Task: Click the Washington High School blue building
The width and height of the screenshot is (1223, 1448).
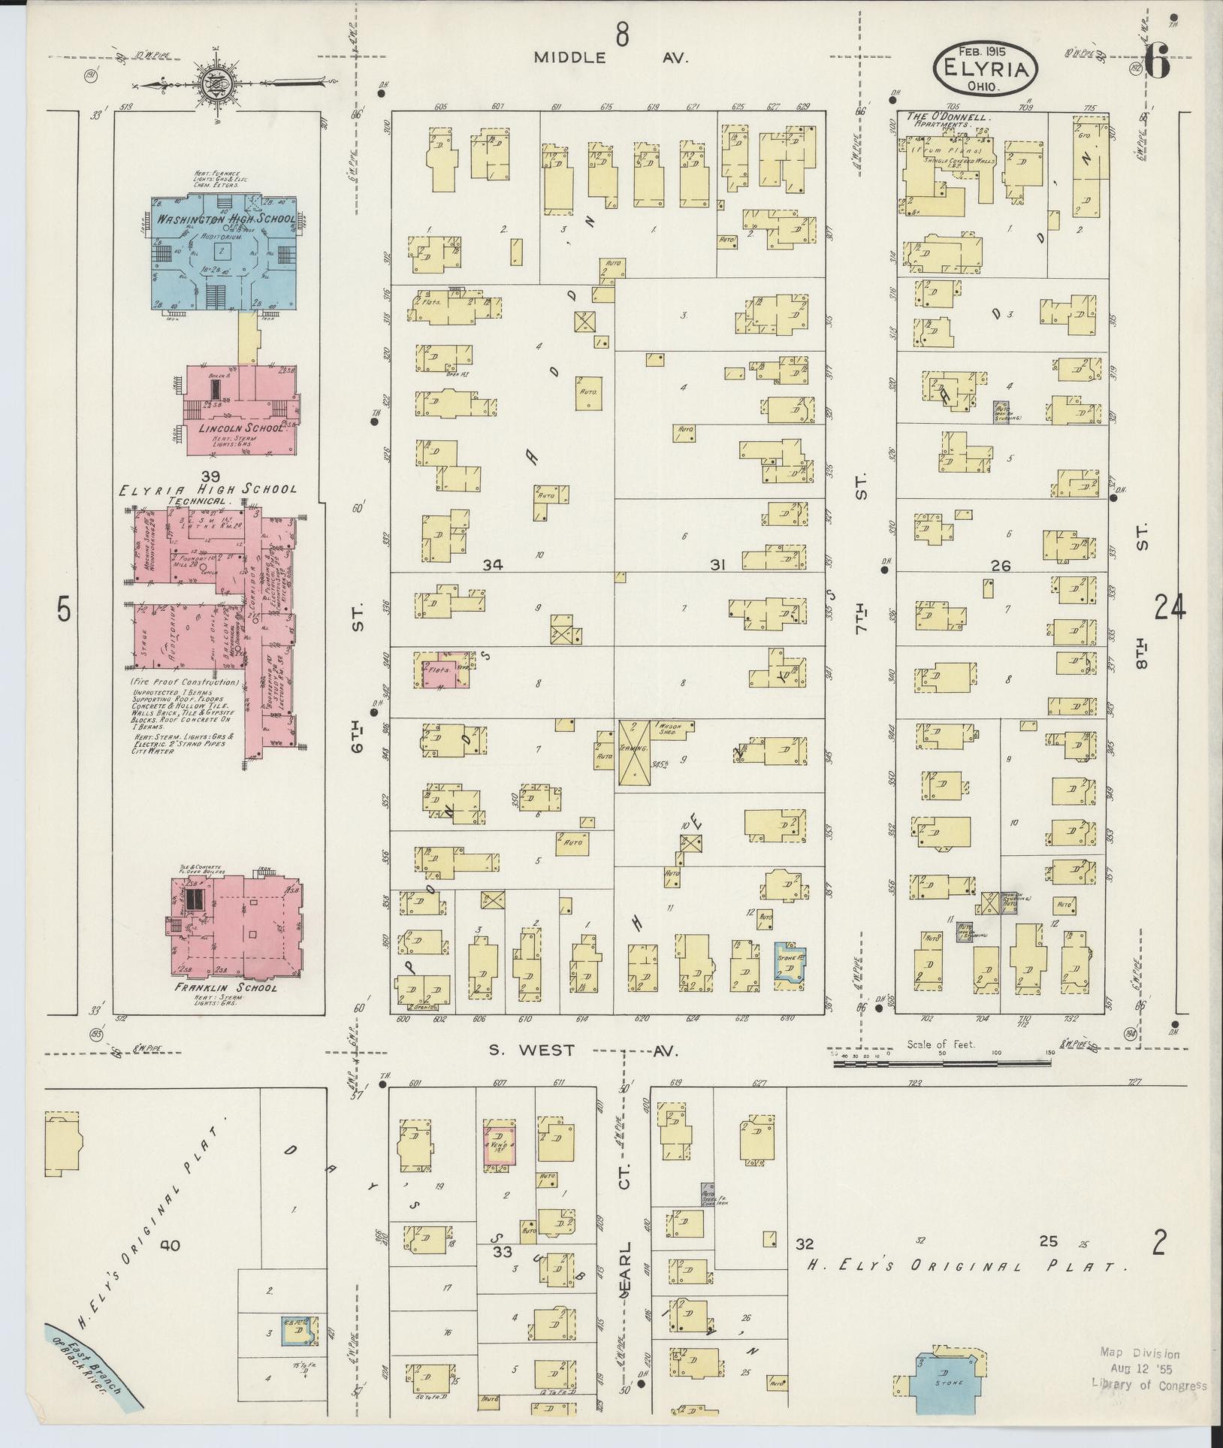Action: [x=224, y=252]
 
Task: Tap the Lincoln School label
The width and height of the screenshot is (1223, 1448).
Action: [x=236, y=428]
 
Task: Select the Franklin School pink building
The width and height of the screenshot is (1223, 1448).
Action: [x=237, y=926]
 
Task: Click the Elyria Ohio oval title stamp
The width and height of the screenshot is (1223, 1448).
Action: [x=986, y=70]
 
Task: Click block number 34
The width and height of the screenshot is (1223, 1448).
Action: [x=492, y=565]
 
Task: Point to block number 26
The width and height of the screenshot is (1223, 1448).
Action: [x=1001, y=566]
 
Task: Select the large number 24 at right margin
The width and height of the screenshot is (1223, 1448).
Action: [x=1170, y=607]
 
